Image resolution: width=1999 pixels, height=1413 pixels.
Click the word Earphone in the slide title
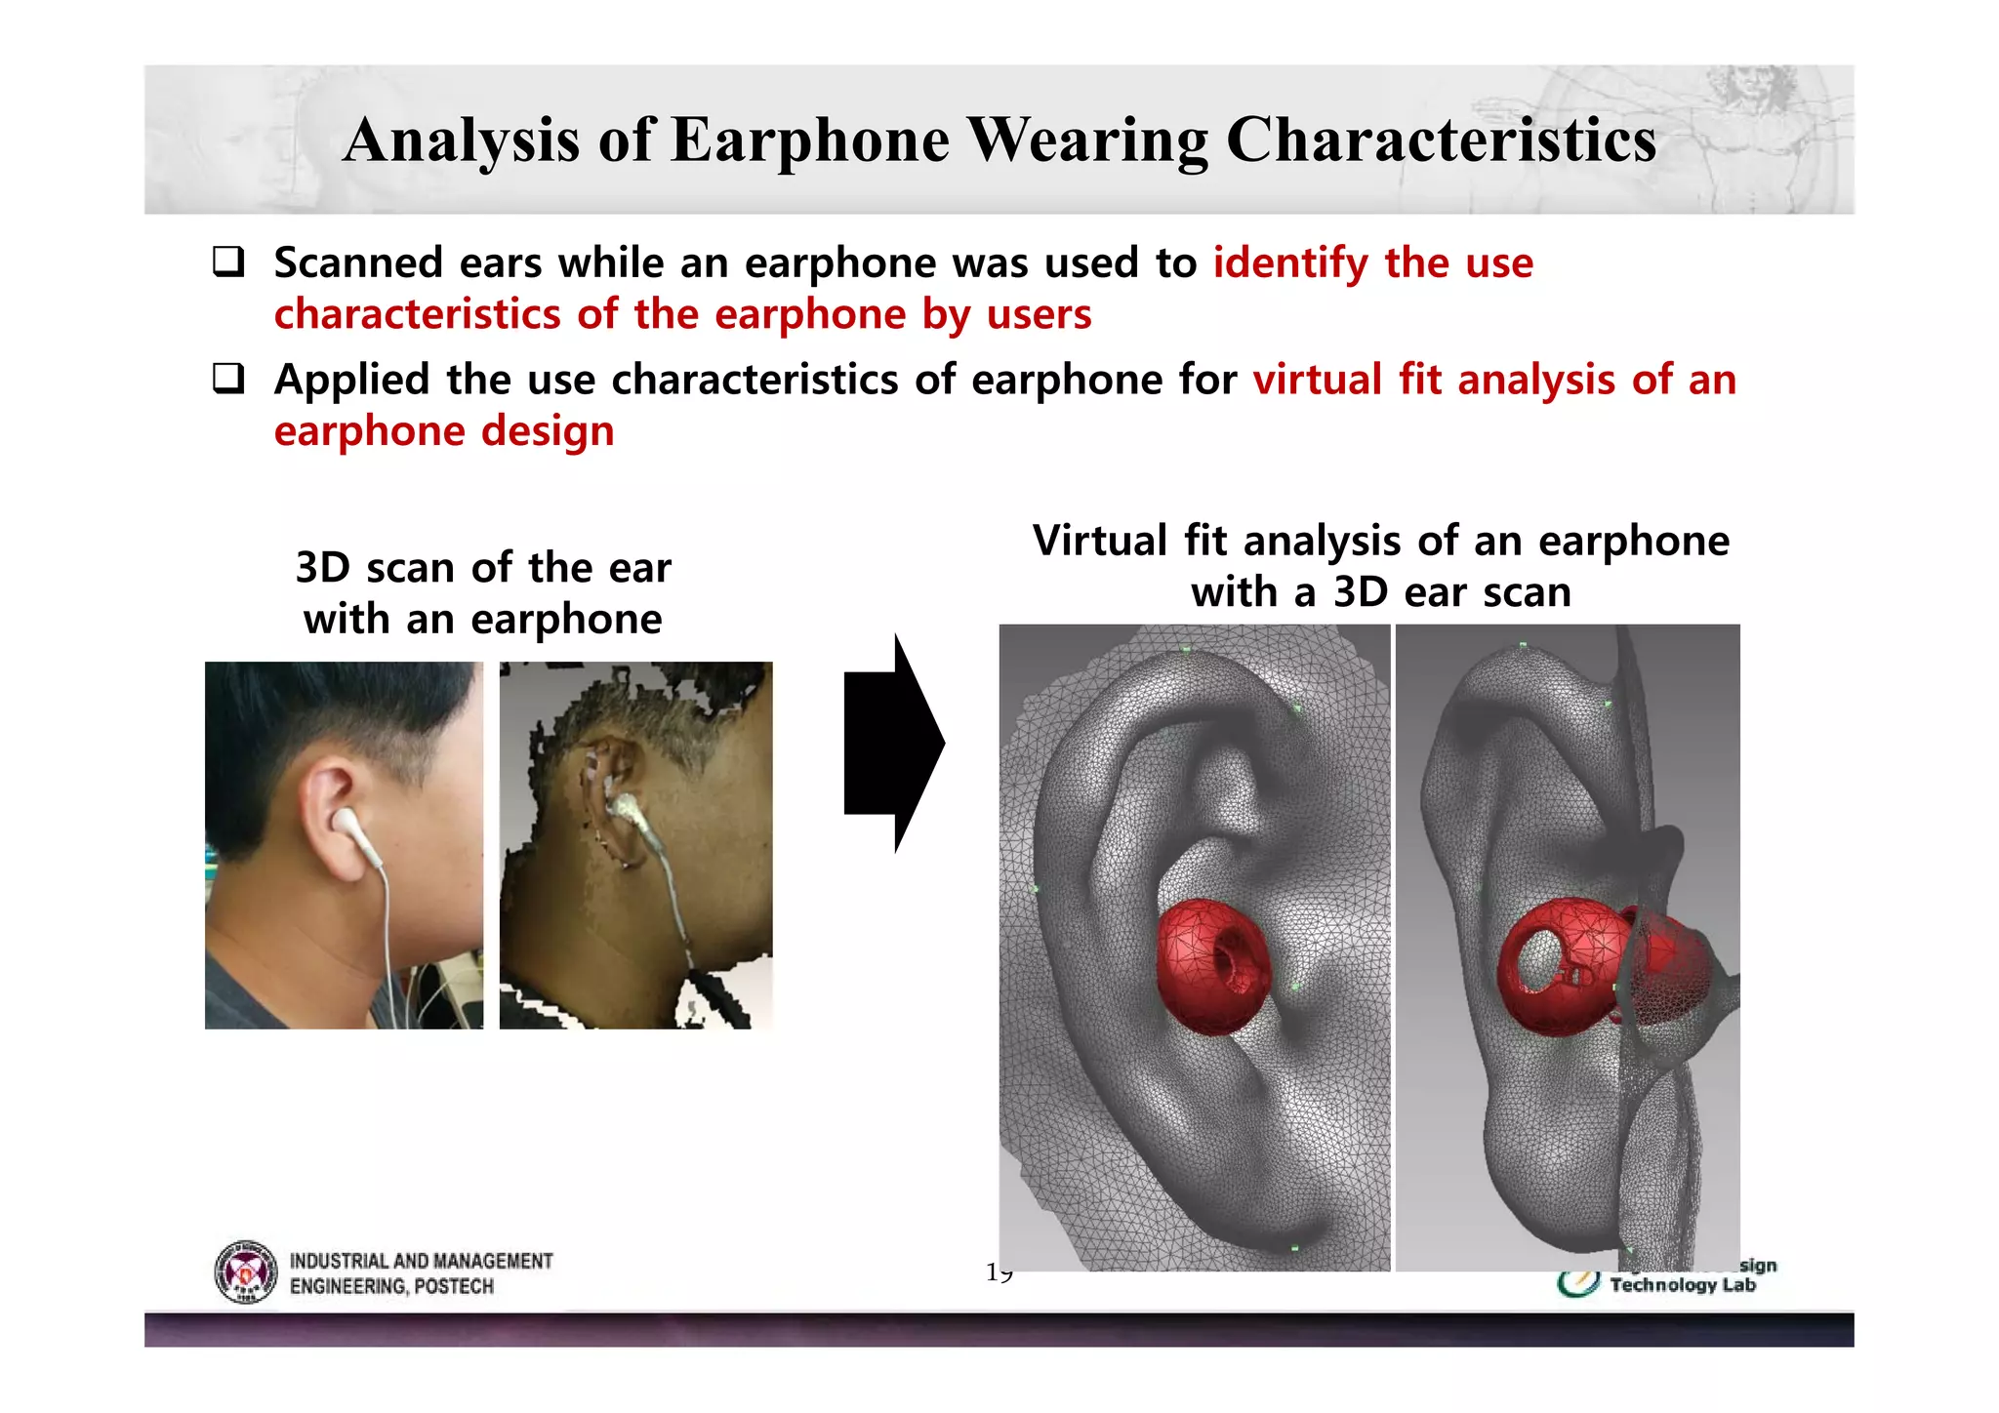(809, 140)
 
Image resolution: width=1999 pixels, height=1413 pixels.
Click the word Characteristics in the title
(1441, 140)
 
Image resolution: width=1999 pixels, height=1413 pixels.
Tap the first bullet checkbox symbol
(228, 262)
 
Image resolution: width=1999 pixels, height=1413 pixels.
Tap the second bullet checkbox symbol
(228, 379)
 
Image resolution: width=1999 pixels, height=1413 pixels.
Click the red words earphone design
(444, 431)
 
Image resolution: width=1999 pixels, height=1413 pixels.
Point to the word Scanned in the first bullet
(358, 263)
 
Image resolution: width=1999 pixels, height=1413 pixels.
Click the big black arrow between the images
(892, 744)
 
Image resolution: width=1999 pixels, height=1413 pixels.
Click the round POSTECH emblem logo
(245, 1272)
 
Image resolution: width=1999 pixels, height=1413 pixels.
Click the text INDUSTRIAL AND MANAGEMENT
(421, 1261)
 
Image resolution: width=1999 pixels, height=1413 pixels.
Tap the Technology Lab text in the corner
(1682, 1285)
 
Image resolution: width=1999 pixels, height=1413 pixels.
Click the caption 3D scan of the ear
(483, 568)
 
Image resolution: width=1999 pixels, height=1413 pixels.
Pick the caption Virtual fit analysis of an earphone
(1380, 541)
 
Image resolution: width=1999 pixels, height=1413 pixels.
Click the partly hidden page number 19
(999, 1273)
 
